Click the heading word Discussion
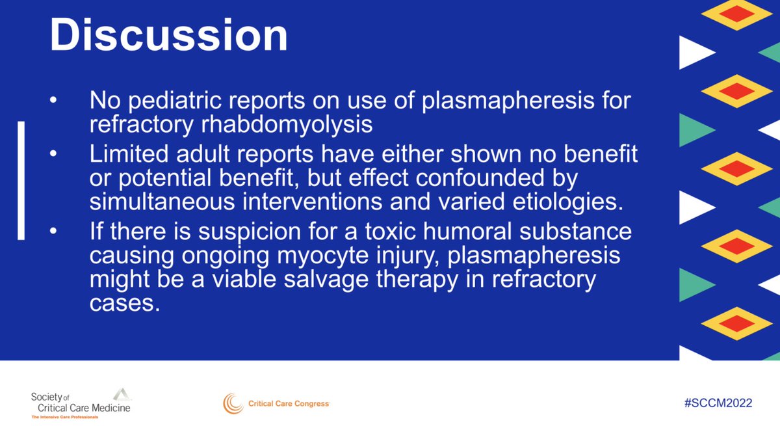(x=169, y=36)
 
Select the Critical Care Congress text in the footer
(x=289, y=404)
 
